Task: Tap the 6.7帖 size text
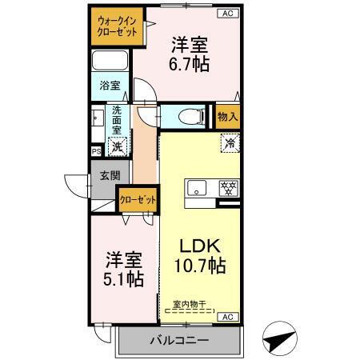tap(190, 65)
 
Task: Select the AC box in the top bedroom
tap(227, 14)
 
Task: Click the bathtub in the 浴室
tap(109, 62)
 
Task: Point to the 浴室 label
tap(110, 84)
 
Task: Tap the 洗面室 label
tap(118, 119)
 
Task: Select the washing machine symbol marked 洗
tap(118, 146)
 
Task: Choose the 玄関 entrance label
tap(110, 176)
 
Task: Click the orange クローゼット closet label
tap(137, 200)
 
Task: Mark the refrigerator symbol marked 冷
tap(229, 145)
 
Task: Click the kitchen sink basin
tap(197, 190)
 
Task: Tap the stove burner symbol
tap(228, 189)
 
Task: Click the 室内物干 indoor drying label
tap(190, 304)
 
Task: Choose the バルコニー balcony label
tap(179, 341)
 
